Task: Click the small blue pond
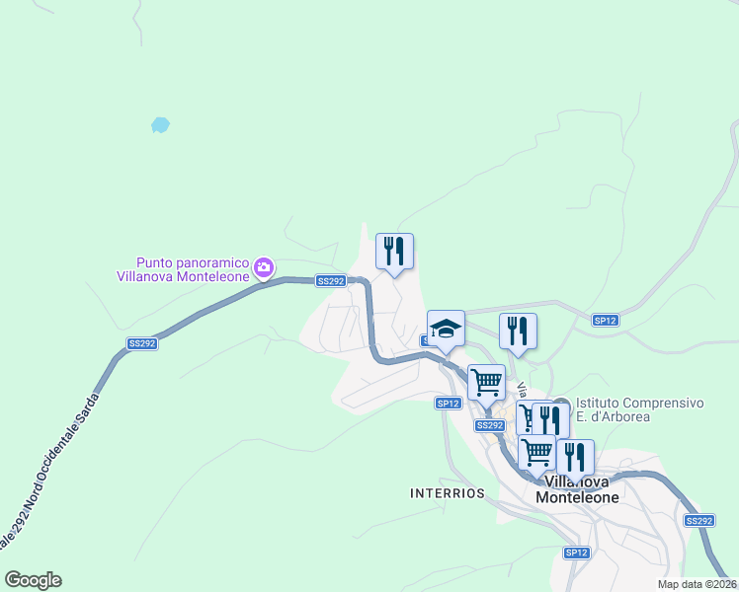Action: click(160, 125)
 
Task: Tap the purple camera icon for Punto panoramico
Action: click(264, 266)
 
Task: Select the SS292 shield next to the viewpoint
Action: click(331, 281)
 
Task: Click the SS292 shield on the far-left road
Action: click(142, 343)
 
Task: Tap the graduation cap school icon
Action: click(446, 329)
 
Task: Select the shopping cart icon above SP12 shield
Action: click(486, 382)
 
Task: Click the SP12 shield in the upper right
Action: click(605, 321)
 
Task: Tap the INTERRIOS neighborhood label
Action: click(449, 492)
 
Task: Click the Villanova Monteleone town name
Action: click(577, 490)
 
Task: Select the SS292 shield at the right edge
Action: click(698, 520)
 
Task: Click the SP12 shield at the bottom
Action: click(577, 553)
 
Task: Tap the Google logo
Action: click(33, 580)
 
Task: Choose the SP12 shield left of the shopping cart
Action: click(449, 403)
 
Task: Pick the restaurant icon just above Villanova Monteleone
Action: click(575, 457)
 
